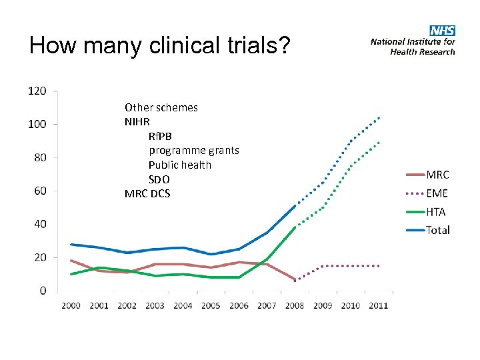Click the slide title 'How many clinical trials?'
point(160,46)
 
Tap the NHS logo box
point(442,31)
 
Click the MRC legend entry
point(438,175)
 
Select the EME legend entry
point(437,193)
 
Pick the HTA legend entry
point(437,212)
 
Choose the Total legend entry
point(439,230)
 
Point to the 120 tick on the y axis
point(37,91)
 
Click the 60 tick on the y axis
point(39,191)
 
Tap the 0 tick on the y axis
point(43,291)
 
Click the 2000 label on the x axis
point(71,305)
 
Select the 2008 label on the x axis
point(295,305)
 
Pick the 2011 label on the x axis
point(378,305)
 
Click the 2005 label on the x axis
point(211,305)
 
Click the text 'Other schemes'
point(161,107)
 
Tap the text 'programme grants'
point(193,151)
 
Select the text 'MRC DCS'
point(147,194)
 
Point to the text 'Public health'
point(179,165)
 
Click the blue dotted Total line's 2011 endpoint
point(379,118)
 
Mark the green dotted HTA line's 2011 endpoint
point(379,142)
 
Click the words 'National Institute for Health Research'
point(413,46)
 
